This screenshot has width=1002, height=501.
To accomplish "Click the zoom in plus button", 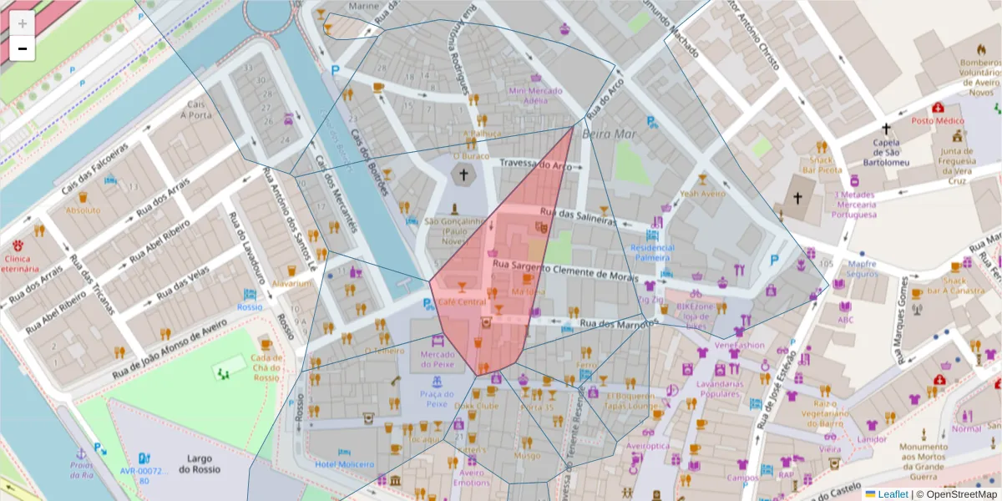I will [x=23, y=23].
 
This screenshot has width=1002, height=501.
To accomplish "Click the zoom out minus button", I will [x=23, y=48].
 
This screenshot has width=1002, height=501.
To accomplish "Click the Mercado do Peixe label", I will [x=438, y=359].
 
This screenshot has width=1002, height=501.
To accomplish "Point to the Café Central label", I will [x=461, y=301].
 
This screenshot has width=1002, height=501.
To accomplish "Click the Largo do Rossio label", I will [x=204, y=463].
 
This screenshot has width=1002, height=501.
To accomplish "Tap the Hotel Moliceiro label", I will [x=344, y=463].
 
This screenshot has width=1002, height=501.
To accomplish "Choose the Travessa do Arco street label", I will [x=536, y=165].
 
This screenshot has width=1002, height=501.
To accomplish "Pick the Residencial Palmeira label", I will [x=652, y=253].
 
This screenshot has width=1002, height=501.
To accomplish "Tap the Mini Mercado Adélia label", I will [x=528, y=95].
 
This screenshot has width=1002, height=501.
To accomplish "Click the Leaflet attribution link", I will [x=893, y=494].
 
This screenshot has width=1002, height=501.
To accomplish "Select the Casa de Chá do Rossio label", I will [x=266, y=364].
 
